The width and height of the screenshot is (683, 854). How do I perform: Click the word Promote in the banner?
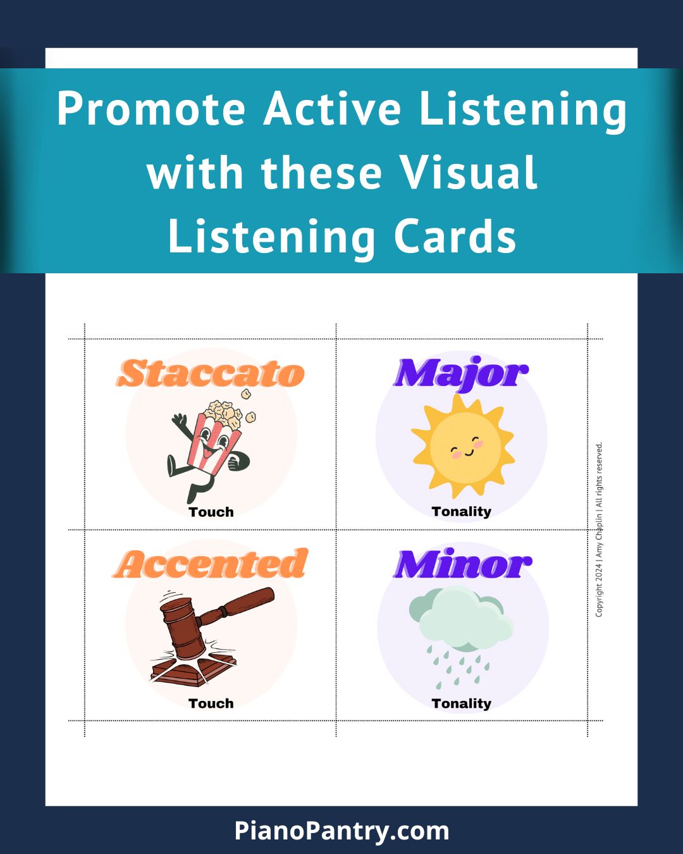(x=151, y=108)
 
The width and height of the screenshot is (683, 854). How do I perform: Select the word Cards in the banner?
(x=455, y=237)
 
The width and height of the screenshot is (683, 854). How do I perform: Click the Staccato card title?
(x=211, y=373)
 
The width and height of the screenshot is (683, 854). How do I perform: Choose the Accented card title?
(x=211, y=563)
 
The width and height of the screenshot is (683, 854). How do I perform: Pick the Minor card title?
(x=462, y=563)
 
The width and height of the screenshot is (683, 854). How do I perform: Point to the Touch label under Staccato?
(x=211, y=512)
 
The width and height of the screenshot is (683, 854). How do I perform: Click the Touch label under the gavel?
(x=211, y=703)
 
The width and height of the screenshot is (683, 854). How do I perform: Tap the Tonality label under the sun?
(x=462, y=512)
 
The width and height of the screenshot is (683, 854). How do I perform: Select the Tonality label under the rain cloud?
(x=462, y=703)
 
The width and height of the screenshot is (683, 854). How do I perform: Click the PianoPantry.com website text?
(x=341, y=830)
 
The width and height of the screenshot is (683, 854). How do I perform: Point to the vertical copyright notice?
(x=599, y=529)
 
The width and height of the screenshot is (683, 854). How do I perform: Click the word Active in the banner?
(x=332, y=108)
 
